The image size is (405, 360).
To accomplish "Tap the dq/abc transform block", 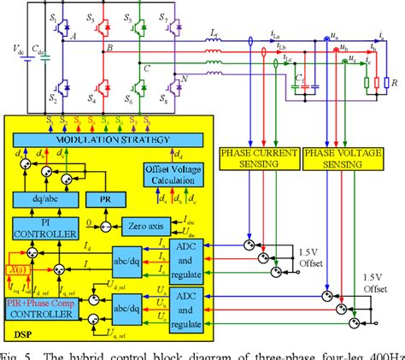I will pos(48,199).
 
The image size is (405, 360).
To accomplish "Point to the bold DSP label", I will pos(20,327).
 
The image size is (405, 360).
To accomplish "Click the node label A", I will pos(74,36).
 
